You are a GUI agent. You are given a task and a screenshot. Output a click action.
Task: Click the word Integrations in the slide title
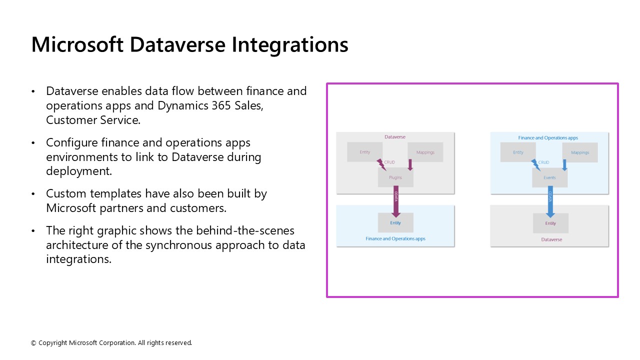click(289, 44)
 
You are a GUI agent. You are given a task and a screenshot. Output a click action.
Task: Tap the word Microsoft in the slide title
click(77, 44)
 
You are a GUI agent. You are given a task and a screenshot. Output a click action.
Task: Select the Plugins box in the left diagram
click(395, 177)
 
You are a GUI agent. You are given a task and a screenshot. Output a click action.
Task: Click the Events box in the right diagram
click(549, 177)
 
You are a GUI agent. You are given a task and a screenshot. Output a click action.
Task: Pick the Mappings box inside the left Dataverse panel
click(425, 152)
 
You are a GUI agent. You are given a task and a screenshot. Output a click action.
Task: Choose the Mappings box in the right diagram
click(580, 152)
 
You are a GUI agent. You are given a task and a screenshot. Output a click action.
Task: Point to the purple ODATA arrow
click(396, 202)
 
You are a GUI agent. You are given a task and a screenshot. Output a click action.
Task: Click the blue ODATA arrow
click(550, 202)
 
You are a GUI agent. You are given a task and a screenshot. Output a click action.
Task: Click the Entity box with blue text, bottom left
click(395, 223)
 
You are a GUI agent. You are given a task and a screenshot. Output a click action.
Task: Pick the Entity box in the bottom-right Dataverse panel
click(550, 223)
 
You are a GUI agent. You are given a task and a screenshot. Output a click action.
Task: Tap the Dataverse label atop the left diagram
click(395, 136)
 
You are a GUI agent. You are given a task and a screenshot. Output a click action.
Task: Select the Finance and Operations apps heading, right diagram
click(548, 137)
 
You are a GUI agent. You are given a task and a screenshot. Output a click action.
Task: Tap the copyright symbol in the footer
click(33, 343)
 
